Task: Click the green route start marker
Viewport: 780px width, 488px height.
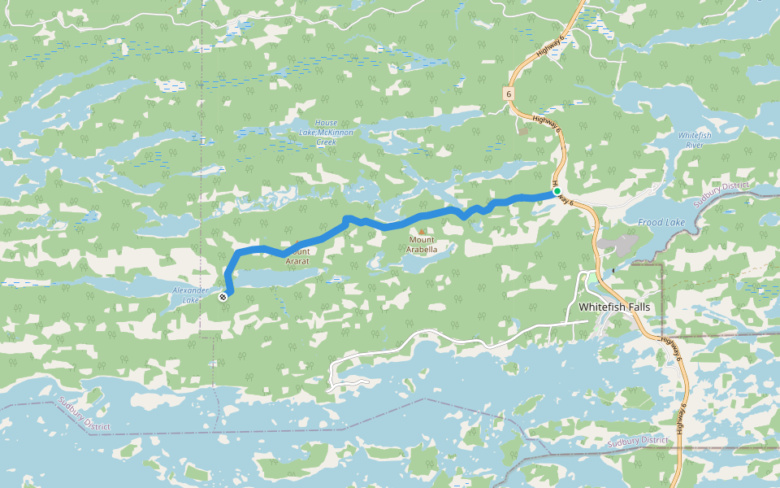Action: click(557, 192)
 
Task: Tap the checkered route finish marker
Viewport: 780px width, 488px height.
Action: click(223, 297)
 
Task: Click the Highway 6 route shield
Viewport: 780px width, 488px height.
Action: click(509, 94)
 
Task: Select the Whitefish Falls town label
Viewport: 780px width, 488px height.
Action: click(614, 307)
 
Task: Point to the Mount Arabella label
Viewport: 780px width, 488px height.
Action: click(422, 245)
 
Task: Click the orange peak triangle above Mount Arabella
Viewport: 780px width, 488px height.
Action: click(421, 231)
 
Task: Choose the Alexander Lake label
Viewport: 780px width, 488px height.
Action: click(192, 295)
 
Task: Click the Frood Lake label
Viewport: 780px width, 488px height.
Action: click(661, 223)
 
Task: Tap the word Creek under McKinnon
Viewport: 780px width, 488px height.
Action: click(326, 142)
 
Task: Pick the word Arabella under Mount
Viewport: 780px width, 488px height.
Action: click(422, 250)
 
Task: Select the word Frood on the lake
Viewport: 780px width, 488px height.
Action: click(651, 223)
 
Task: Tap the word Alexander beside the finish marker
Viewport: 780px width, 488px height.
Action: click(192, 290)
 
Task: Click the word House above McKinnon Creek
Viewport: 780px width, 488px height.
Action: click(326, 123)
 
